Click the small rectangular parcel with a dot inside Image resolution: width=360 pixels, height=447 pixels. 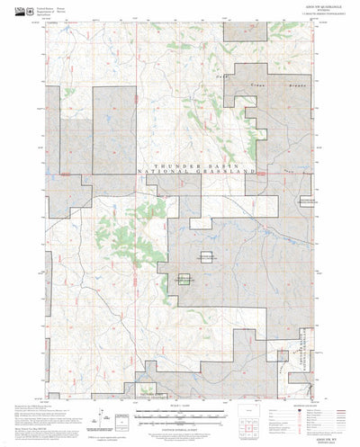pos(187,280)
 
